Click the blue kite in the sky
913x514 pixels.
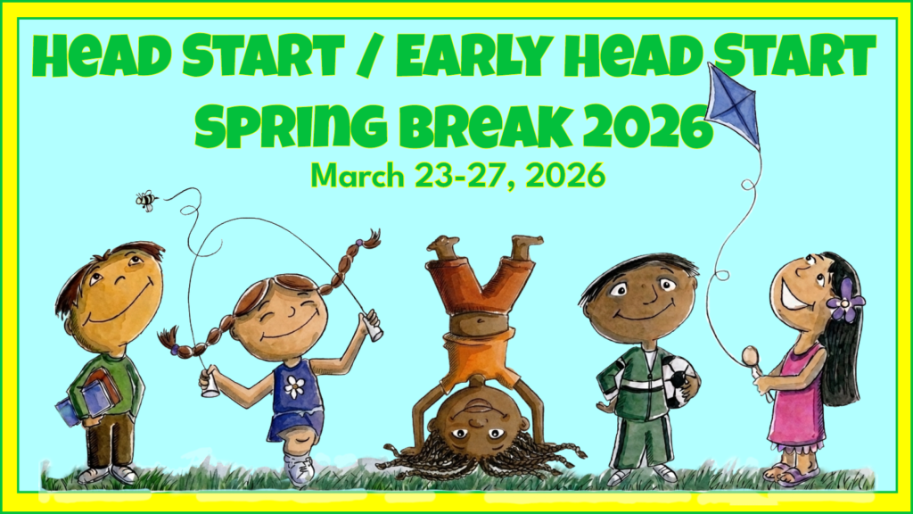[x=734, y=103]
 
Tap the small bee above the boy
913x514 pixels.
[x=145, y=199]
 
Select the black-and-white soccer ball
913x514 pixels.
[x=680, y=379]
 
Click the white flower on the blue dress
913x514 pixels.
[x=294, y=386]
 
